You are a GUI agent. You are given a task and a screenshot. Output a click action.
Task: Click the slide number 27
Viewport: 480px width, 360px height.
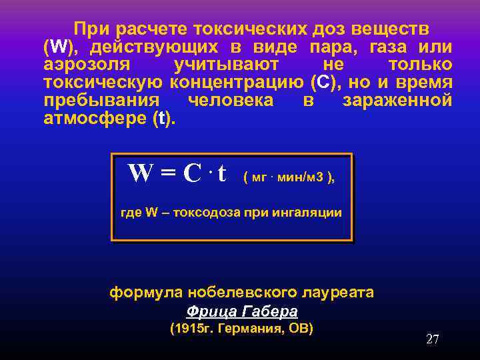tap(433, 339)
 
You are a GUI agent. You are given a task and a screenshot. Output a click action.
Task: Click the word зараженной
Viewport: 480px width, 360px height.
tap(397, 100)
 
